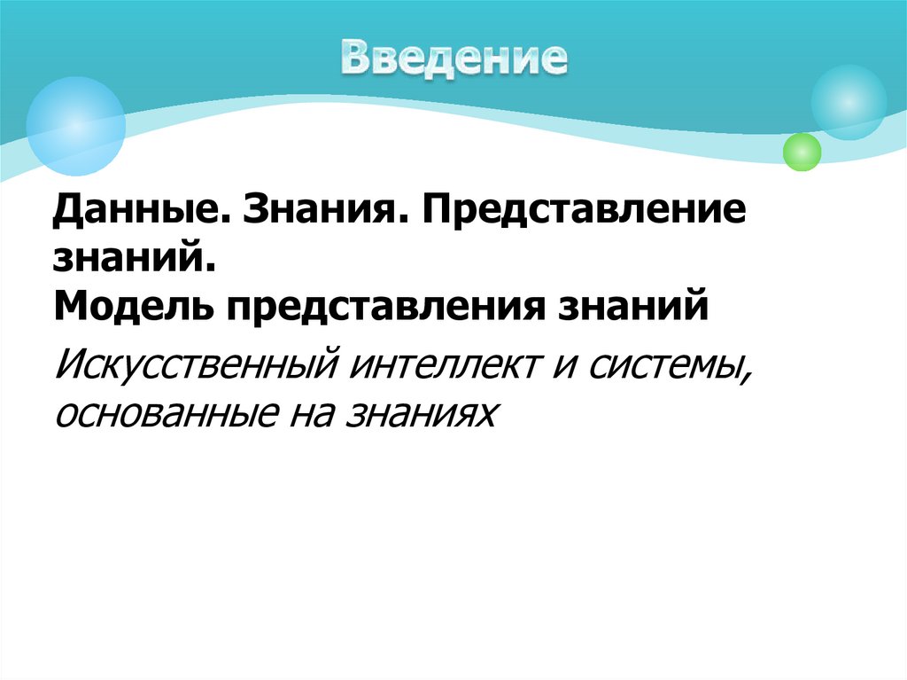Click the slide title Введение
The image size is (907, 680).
454,58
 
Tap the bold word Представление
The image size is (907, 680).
585,214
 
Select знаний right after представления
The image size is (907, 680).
632,308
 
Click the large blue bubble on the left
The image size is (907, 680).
75,126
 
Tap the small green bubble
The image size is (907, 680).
802,152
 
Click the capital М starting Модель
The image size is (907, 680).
67,308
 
